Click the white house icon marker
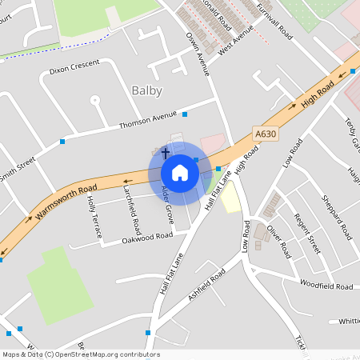point(180,173)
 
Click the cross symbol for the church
point(166,152)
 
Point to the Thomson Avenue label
point(146,121)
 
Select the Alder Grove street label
point(168,204)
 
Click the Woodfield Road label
point(326,285)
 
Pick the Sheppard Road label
point(336,217)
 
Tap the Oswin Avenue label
point(198,54)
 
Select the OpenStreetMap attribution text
point(81,354)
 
